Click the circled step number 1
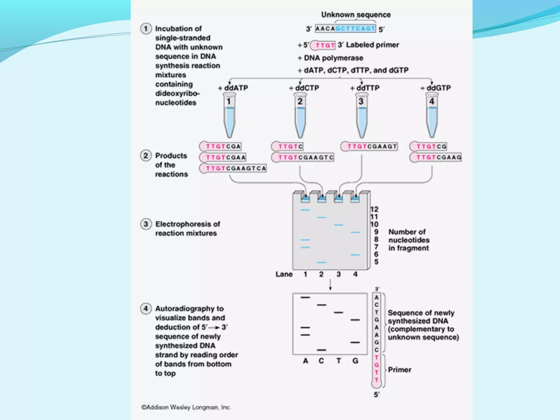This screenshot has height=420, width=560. click(146, 29)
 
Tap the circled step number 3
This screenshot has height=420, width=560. click(146, 224)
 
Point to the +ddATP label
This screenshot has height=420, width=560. click(233, 88)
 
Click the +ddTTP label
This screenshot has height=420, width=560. click(365, 88)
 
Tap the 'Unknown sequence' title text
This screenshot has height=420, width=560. click(356, 15)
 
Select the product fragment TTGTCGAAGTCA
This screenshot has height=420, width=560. click(233, 168)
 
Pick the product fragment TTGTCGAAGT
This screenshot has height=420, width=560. click(369, 147)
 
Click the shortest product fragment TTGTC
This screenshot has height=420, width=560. click(288, 147)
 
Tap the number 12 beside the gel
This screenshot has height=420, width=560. click(374, 209)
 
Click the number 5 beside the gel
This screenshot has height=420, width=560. click(376, 262)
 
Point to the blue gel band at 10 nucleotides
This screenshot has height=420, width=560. click(339, 225)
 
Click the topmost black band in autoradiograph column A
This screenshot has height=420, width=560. click(305, 297)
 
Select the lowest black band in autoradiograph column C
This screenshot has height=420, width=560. click(322, 350)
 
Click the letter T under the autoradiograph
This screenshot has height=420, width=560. click(339, 361)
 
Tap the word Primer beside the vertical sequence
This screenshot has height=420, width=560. click(399, 370)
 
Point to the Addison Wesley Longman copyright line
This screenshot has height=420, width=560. click(186, 407)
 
